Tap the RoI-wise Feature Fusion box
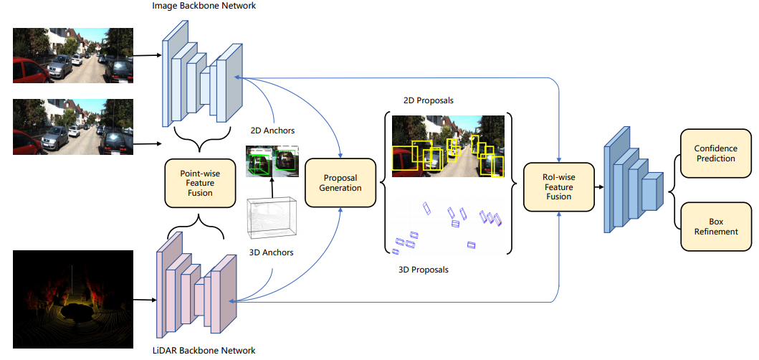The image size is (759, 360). click(x=558, y=186)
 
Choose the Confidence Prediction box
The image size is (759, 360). click(x=715, y=153)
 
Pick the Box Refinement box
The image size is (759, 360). click(x=715, y=227)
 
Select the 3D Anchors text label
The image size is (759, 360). click(x=270, y=252)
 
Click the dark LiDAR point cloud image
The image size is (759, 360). click(x=73, y=298)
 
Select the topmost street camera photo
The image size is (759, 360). click(x=73, y=55)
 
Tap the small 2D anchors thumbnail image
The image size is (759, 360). click(x=272, y=161)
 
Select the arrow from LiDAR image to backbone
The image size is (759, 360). click(x=145, y=300)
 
